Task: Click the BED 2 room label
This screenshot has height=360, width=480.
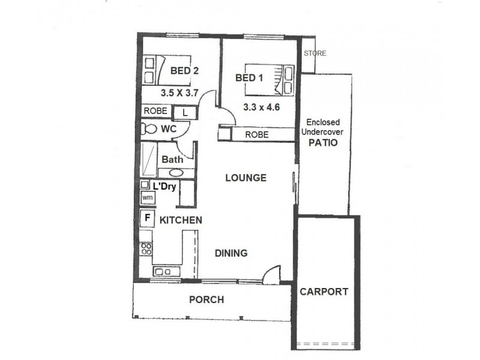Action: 184,71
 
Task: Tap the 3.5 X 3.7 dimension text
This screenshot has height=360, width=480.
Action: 179,94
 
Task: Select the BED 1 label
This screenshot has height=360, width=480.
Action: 249,78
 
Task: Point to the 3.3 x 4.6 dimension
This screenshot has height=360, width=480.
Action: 261,107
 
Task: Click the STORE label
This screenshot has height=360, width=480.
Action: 315,53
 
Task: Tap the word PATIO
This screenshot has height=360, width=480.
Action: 323,143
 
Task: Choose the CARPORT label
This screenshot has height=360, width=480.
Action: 324,292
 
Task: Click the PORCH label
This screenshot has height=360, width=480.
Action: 206,299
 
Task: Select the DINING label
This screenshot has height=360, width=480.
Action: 231,253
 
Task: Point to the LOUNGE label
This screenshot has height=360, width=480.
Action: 245,178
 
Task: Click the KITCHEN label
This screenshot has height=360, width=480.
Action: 181,220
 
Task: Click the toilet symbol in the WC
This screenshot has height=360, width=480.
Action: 149,128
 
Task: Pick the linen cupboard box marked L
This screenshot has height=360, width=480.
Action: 185,112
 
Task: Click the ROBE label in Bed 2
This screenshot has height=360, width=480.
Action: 155,112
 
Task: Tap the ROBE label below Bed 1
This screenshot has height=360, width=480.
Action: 257,134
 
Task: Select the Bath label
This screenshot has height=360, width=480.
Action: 172,160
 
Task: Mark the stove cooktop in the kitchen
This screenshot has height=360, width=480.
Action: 146,248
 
